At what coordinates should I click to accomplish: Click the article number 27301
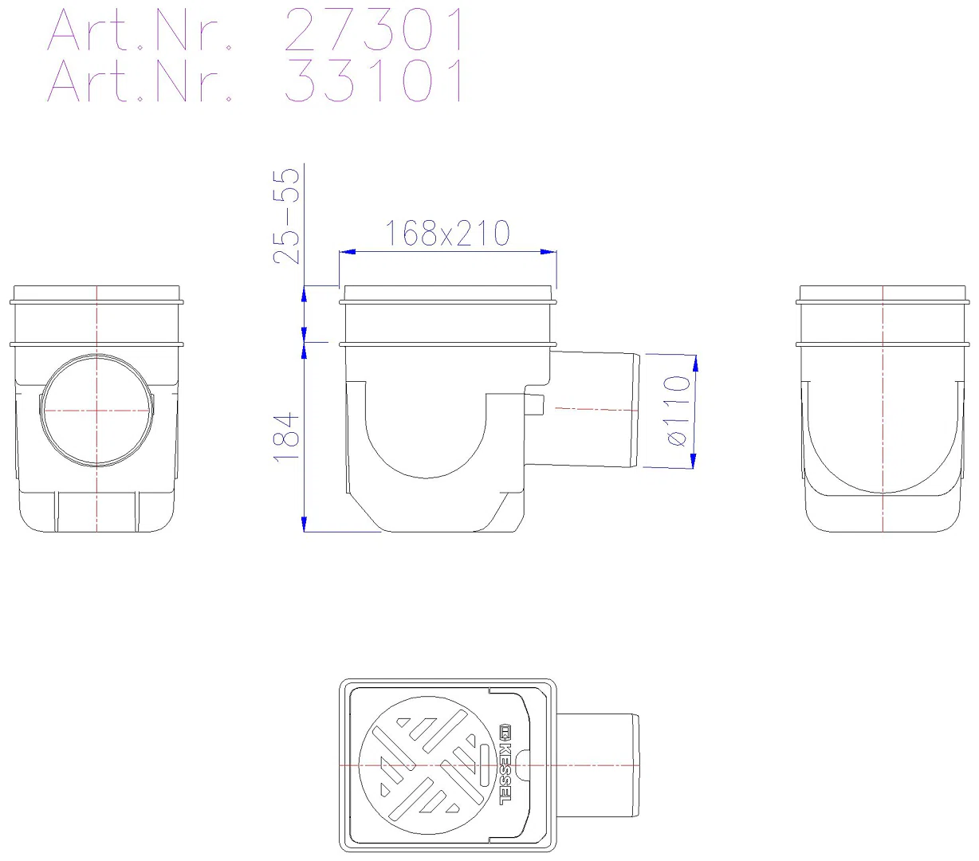pos(374,30)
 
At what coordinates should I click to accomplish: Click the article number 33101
pos(374,81)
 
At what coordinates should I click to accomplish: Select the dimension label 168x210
pos(447,233)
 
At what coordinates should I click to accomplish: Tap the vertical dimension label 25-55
pos(286,215)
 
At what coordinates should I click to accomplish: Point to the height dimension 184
pos(286,437)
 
